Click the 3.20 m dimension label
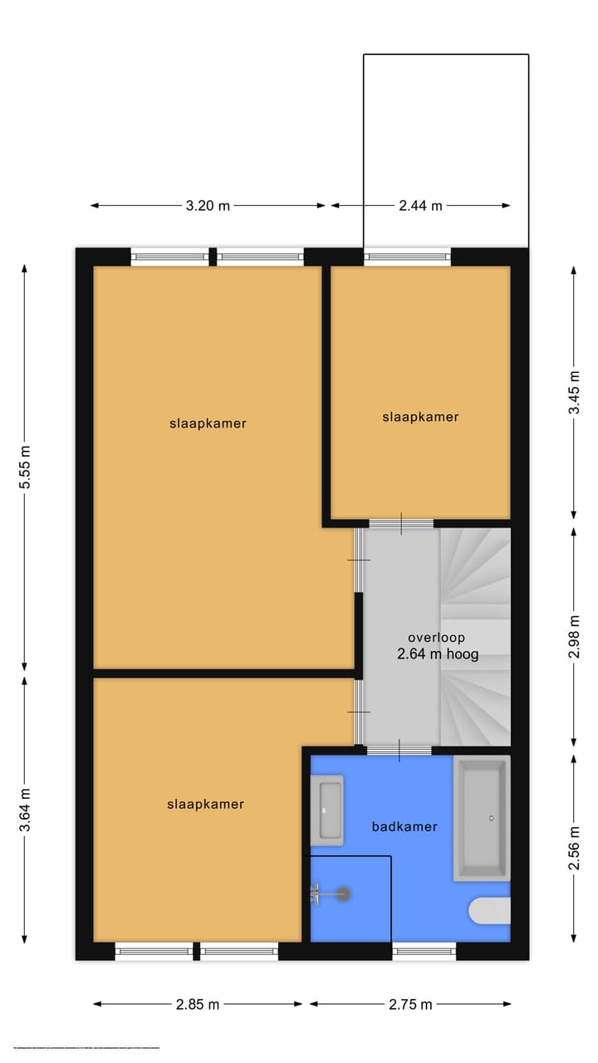[207, 206]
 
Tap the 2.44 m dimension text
[420, 206]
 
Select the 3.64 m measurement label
[25, 810]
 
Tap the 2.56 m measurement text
[574, 849]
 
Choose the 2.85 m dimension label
[198, 1004]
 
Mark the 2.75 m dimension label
[410, 1004]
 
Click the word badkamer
[404, 826]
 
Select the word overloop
[436, 638]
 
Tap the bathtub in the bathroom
[480, 819]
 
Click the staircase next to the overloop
[474, 636]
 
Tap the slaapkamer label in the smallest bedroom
[420, 417]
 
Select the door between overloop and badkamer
[399, 751]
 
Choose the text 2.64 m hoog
[438, 654]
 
